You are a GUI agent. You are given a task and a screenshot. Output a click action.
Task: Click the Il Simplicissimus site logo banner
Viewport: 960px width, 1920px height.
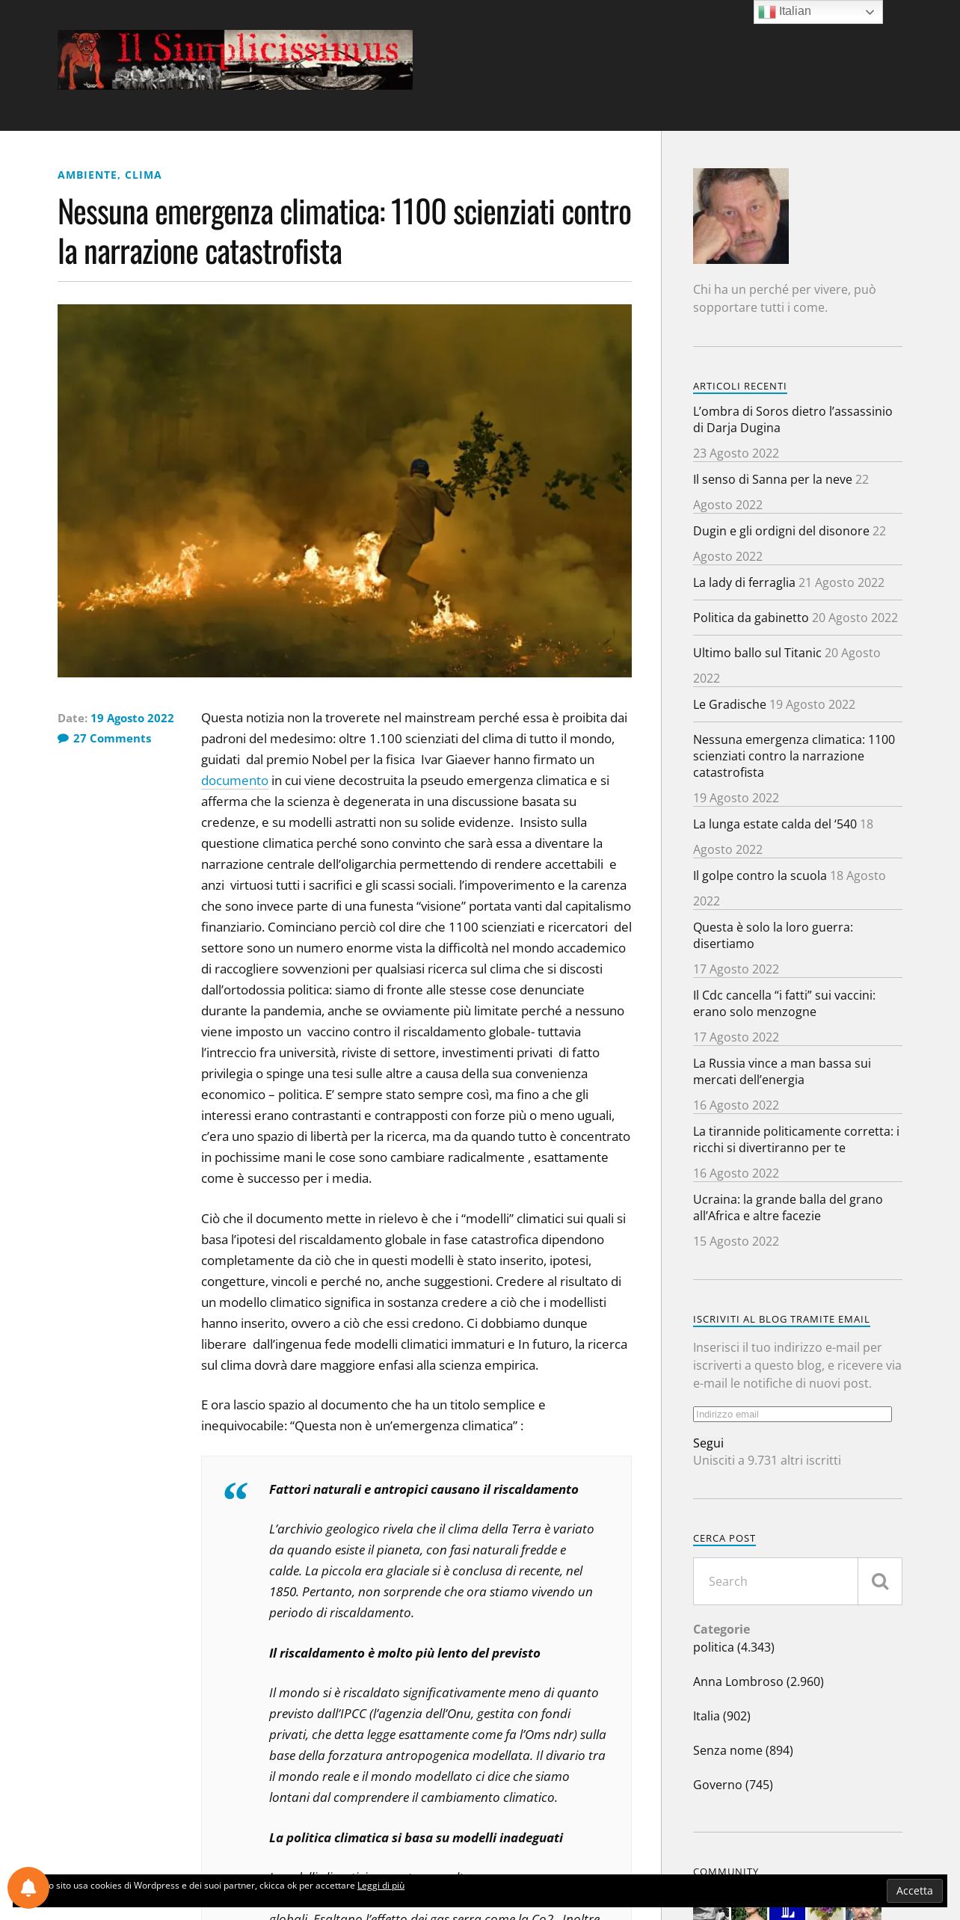235,60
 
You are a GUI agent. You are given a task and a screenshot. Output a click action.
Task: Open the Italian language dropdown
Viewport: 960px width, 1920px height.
817,12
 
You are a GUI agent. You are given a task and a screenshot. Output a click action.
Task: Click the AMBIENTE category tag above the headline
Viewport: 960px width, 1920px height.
87,175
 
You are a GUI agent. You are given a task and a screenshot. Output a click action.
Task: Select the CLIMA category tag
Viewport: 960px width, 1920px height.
143,175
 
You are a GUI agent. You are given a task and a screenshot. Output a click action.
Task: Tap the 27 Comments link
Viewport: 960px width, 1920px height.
111,738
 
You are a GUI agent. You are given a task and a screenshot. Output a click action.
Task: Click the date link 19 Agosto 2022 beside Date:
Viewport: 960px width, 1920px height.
132,718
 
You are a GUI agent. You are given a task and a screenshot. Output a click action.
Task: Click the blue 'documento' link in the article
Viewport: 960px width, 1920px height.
234,781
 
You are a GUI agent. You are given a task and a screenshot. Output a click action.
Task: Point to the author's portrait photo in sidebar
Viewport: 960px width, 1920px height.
740,216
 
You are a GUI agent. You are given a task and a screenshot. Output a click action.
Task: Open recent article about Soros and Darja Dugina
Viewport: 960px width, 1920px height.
792,419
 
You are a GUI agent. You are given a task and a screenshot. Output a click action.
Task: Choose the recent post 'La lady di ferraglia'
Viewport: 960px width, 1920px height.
743,582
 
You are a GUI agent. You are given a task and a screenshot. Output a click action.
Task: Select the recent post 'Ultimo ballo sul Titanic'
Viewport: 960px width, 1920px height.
757,653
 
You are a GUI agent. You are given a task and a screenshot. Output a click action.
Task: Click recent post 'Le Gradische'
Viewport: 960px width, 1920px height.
729,704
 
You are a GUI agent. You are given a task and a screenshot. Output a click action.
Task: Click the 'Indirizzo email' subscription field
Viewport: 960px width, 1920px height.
792,1414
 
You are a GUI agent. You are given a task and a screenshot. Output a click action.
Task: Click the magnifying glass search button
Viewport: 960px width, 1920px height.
879,1581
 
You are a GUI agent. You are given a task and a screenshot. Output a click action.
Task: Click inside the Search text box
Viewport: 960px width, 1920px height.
775,1581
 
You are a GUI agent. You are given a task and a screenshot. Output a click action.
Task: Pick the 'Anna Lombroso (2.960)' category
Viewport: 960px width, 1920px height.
757,1681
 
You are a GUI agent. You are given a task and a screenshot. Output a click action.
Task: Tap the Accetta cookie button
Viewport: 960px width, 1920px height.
914,1890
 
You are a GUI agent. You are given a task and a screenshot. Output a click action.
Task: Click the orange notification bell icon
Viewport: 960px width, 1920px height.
28,1887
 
